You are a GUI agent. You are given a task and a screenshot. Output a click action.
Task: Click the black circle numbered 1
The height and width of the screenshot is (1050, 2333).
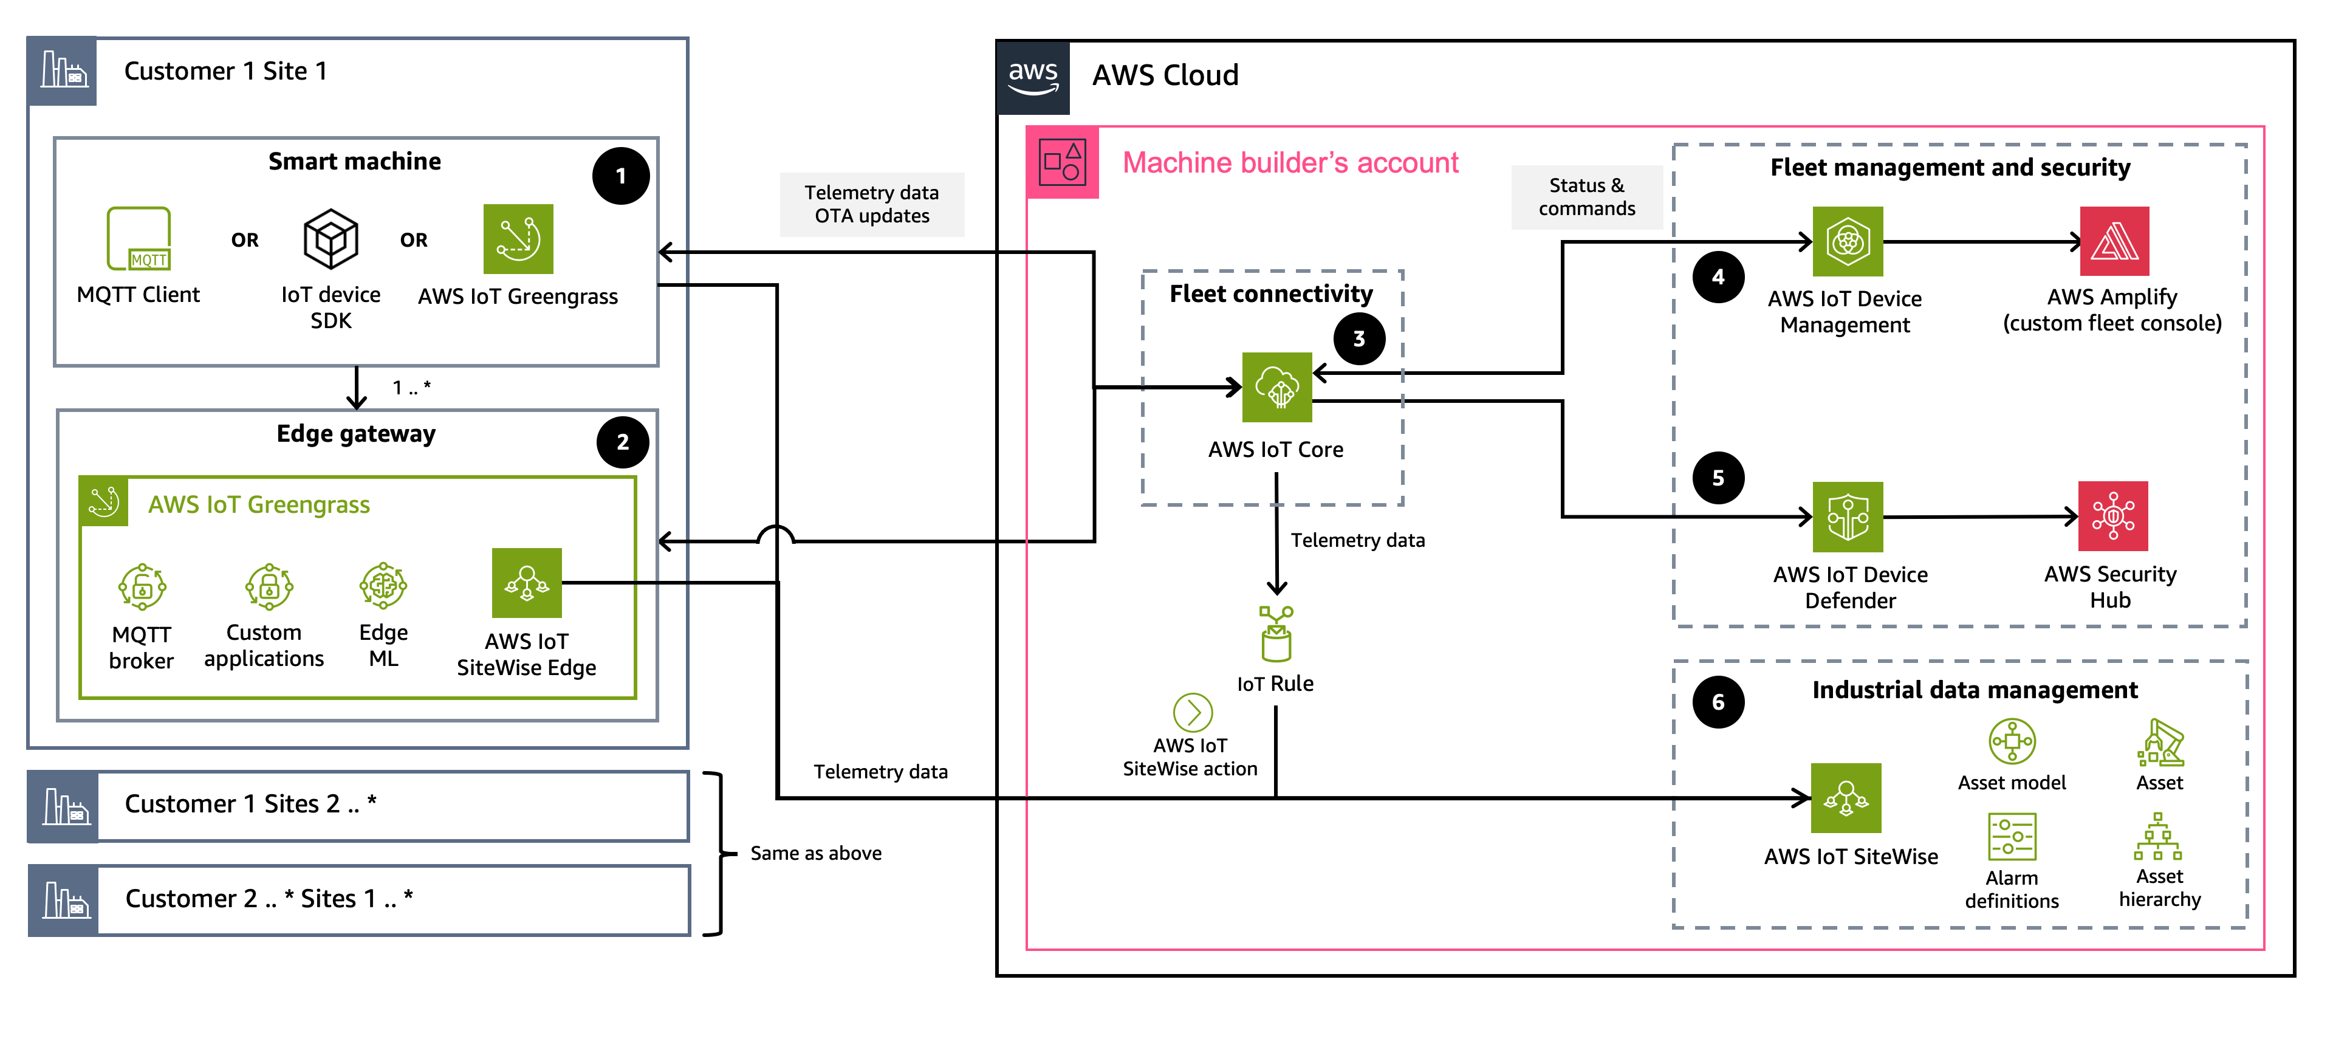coord(620,176)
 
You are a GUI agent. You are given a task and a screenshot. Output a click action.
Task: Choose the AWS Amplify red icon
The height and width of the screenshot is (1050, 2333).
coord(2114,241)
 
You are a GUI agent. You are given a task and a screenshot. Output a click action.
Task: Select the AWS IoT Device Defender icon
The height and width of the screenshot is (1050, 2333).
coord(1848,516)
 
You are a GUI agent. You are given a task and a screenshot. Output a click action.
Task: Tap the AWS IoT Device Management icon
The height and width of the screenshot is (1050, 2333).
coord(1848,241)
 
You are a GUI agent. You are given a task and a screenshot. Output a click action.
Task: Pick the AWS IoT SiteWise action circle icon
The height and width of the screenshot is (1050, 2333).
coord(1193,712)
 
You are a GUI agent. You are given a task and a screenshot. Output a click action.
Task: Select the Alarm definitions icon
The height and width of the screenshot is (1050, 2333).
coord(2012,836)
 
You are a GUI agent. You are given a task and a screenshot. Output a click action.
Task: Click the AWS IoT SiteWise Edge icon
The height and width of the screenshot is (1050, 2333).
coord(526,583)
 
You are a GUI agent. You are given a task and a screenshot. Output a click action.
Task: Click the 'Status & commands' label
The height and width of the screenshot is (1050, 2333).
coord(1587,197)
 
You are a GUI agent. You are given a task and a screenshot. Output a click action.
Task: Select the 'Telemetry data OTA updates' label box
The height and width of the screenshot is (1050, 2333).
coord(871,204)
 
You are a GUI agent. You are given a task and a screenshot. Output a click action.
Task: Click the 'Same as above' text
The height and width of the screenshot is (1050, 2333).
coord(815,853)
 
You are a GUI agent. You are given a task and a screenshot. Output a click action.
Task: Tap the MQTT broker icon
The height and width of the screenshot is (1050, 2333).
coord(142,586)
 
